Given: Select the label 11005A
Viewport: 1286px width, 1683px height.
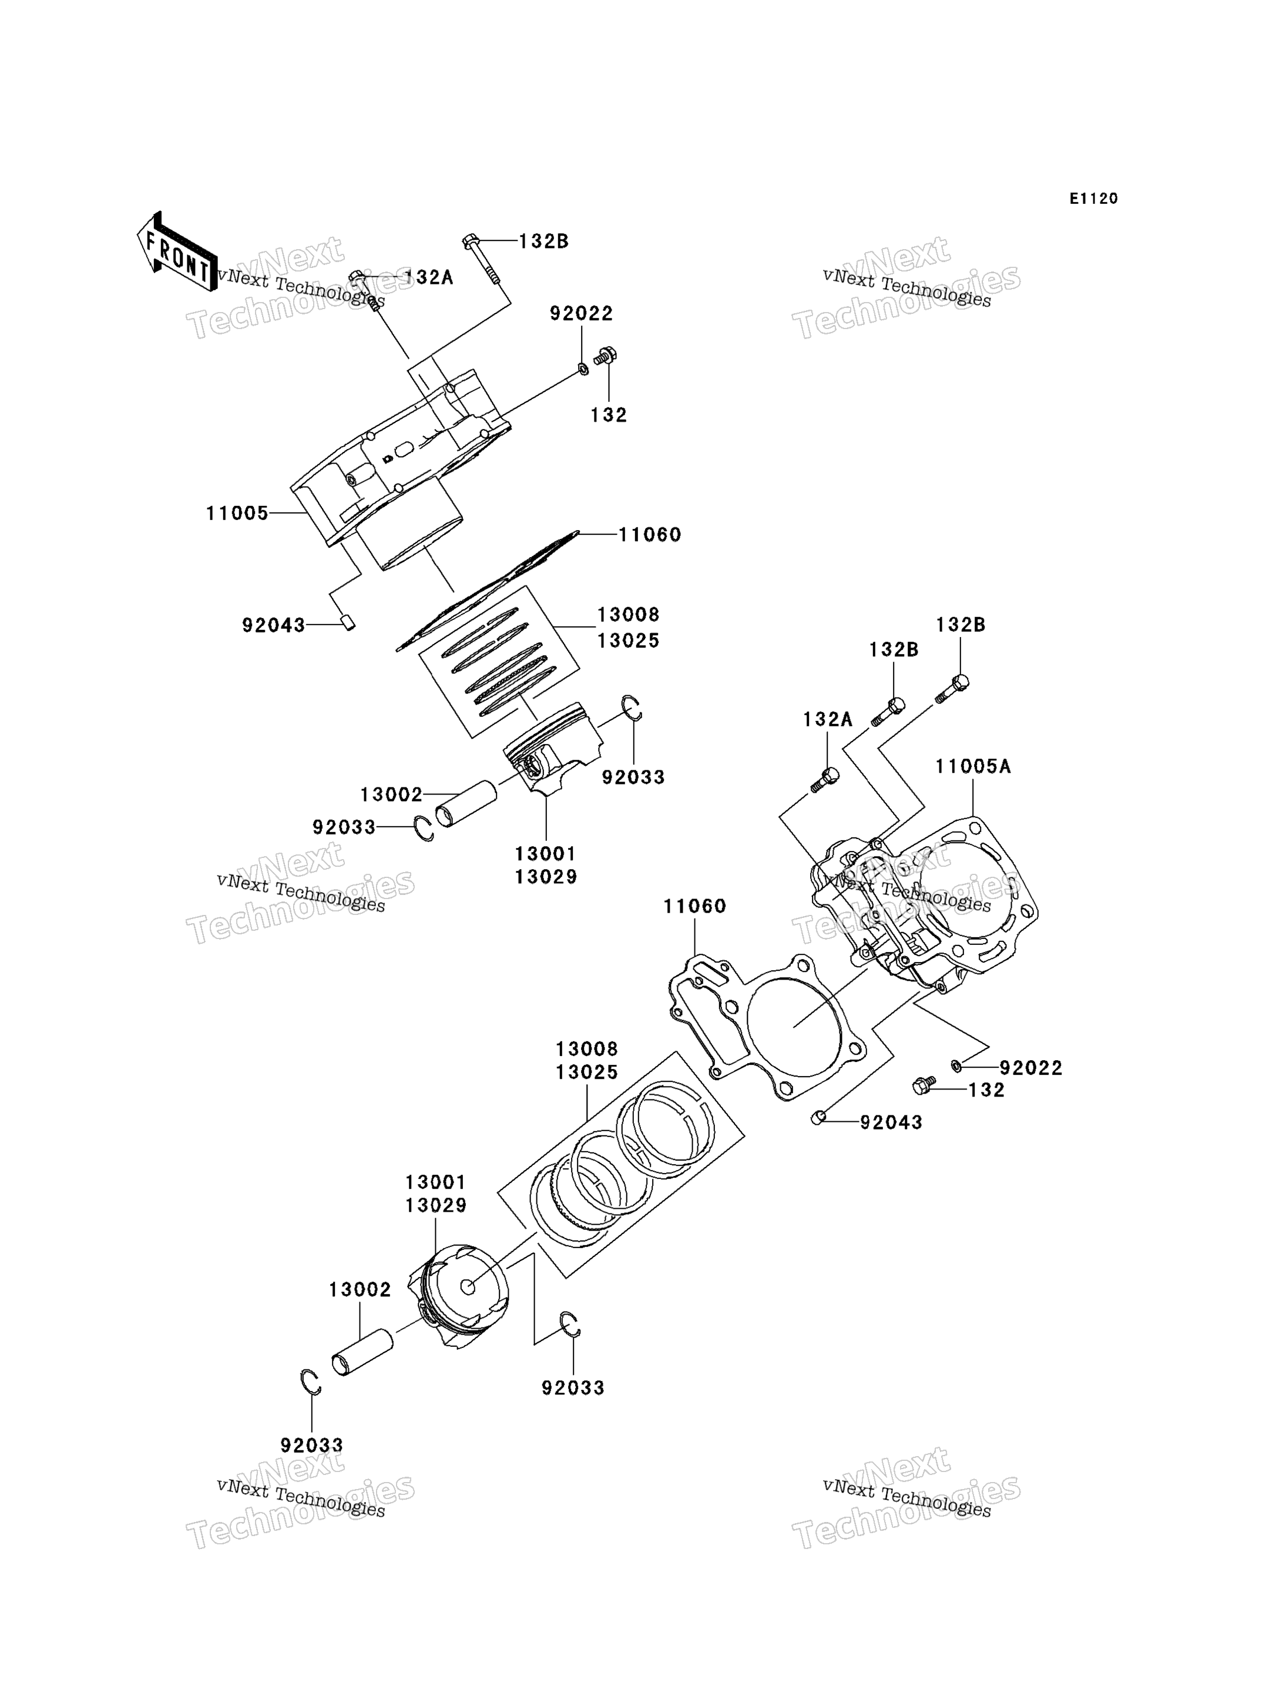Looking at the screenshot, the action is tap(973, 766).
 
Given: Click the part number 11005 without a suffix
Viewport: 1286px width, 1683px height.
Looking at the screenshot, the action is tap(237, 513).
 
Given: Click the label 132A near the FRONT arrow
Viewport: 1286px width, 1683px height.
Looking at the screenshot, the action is tap(429, 277).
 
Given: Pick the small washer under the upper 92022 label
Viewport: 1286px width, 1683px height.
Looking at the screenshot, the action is tap(583, 370).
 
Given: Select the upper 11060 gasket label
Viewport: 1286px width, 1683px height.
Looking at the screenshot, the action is tap(650, 534).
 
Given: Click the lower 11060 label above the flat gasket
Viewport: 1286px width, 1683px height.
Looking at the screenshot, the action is tap(694, 907).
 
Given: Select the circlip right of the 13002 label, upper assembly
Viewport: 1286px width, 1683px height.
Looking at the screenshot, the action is tap(424, 829).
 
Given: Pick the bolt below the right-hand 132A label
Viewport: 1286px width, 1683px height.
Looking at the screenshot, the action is tap(824, 779).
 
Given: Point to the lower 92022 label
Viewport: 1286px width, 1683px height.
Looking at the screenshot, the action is tap(1031, 1068).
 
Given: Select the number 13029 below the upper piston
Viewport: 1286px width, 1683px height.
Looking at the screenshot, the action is tap(546, 877).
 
